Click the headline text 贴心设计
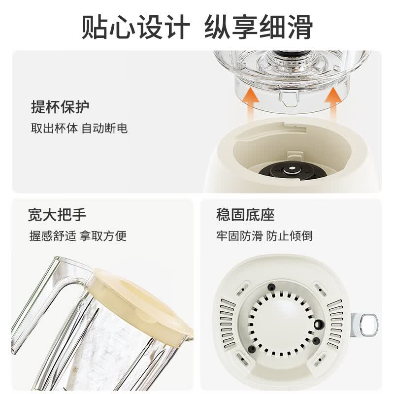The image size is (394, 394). (136, 27)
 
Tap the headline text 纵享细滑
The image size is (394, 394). (259, 27)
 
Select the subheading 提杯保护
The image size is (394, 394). (60, 107)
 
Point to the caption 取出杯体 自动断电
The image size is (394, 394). (79, 128)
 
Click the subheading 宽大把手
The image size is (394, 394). (57, 215)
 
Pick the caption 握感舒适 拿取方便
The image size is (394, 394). (78, 236)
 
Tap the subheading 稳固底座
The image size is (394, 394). (245, 215)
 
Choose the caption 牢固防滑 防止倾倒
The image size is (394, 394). (264, 236)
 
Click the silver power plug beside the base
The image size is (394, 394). (364, 325)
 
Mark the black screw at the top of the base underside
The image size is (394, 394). (271, 287)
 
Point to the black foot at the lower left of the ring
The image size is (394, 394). (252, 349)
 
